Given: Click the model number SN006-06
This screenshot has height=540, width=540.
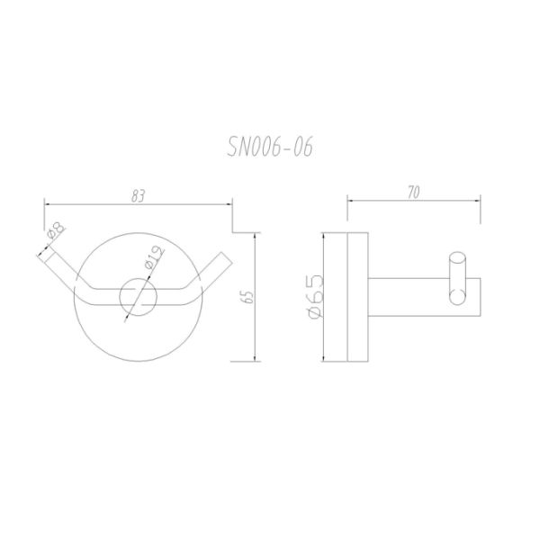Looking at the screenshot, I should [x=270, y=145].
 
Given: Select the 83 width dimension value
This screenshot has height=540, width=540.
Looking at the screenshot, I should [x=138, y=194].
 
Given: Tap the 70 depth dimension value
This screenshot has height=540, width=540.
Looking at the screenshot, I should [x=413, y=193].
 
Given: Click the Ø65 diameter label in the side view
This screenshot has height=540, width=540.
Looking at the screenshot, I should [x=316, y=296].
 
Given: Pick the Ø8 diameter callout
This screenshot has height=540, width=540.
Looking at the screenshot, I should [x=53, y=235].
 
